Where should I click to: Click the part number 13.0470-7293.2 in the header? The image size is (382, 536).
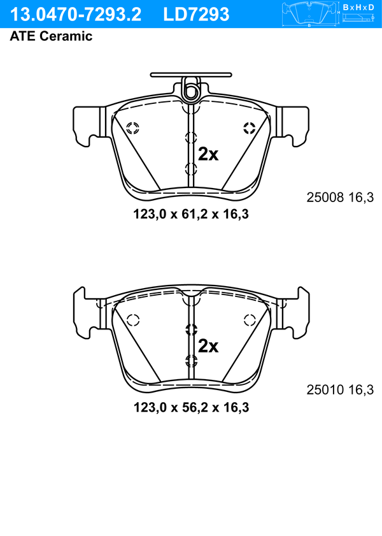[x=76, y=15]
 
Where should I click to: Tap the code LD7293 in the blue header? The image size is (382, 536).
[x=196, y=15]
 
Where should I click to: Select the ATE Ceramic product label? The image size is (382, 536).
[x=51, y=36]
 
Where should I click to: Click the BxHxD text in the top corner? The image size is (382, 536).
[x=358, y=7]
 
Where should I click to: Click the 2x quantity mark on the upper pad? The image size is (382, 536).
[x=208, y=154]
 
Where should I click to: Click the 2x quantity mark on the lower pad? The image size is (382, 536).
[x=208, y=346]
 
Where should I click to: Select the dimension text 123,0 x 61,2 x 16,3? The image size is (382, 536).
[x=191, y=214]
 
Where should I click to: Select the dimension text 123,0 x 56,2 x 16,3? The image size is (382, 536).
[x=191, y=407]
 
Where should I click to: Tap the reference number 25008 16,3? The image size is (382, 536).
[x=340, y=197]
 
